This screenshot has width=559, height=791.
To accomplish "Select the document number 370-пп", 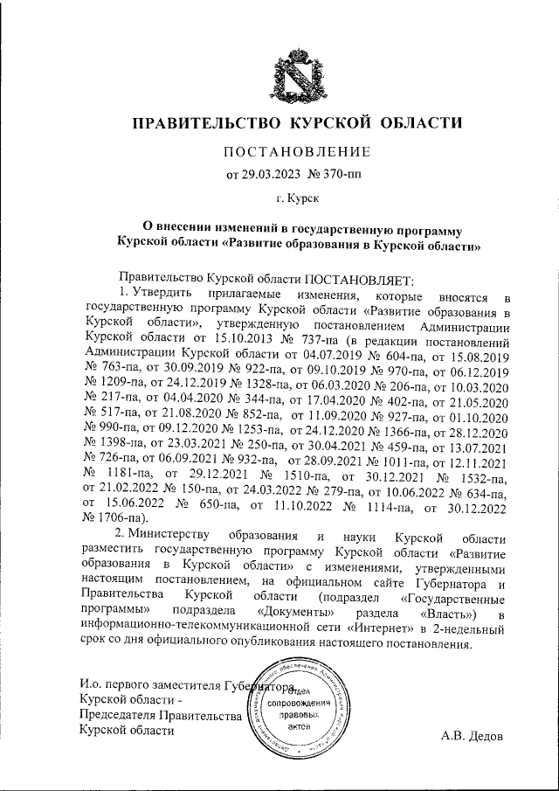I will pos(340,173).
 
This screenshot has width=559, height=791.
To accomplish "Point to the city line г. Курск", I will pos(298,199).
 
